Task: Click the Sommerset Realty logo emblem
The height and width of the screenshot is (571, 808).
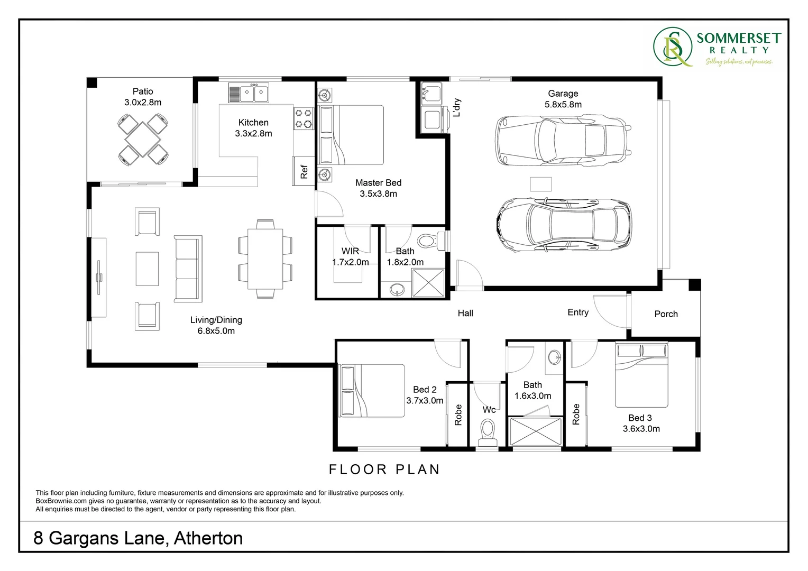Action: click(x=672, y=48)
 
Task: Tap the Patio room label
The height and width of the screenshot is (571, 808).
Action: click(x=143, y=91)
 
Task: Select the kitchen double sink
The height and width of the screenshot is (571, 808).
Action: click(x=248, y=93)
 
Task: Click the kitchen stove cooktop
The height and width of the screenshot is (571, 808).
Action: click(x=303, y=118)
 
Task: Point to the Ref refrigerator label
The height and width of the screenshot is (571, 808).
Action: click(x=304, y=172)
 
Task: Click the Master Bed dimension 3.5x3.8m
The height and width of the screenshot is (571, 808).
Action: click(x=378, y=194)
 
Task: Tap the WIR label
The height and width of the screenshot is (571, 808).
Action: click(x=350, y=251)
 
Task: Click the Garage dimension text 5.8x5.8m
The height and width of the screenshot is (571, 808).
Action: click(x=563, y=105)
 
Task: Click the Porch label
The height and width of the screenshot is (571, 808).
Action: click(x=666, y=314)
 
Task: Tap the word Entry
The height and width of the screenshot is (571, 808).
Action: click(x=578, y=312)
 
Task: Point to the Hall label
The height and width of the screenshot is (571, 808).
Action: click(x=465, y=314)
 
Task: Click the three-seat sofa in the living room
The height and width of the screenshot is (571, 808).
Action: click(x=188, y=269)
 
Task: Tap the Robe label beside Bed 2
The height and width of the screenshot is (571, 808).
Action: click(x=458, y=415)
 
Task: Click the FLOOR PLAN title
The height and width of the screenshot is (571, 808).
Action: click(x=384, y=469)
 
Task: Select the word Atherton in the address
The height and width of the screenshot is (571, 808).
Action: click(x=208, y=538)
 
